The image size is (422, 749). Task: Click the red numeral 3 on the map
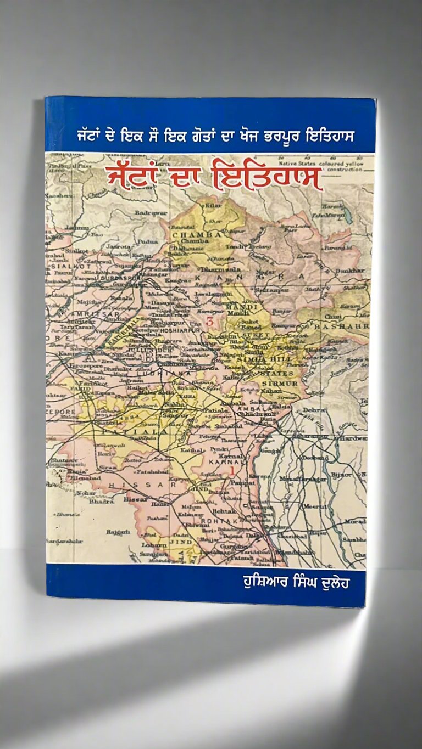point(208,324)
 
